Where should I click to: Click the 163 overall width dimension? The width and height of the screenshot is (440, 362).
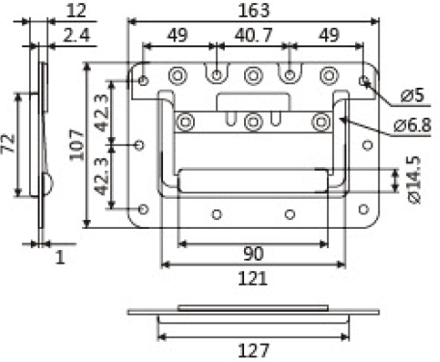click(x=254, y=11)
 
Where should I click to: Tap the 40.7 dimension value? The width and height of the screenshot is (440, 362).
click(x=254, y=35)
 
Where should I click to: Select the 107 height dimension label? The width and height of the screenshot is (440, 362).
click(x=77, y=145)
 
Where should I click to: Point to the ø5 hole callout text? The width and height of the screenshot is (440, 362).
click(x=413, y=96)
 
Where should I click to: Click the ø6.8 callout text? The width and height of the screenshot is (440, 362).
click(x=412, y=125)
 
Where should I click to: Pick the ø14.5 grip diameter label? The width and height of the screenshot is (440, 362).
click(x=414, y=180)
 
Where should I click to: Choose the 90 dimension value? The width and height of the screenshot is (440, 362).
click(x=254, y=254)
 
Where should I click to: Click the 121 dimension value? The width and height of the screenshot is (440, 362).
click(x=253, y=279)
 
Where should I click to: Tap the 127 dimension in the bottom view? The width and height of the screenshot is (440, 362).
click(x=254, y=350)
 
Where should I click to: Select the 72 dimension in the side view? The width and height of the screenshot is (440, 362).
click(x=8, y=144)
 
